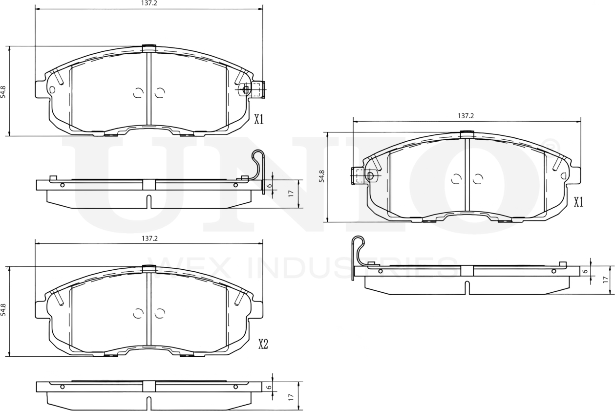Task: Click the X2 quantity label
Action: [263, 345]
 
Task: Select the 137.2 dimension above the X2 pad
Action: [149, 238]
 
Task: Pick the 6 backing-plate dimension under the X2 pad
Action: [268, 387]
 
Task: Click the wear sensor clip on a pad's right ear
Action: [254, 89]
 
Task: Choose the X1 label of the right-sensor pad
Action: [258, 119]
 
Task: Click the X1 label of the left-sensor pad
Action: [578, 202]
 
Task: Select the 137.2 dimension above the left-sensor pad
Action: [466, 116]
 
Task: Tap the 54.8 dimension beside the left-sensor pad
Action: [321, 176]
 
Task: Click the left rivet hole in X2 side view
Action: [62, 387]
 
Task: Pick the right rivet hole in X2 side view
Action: [235, 387]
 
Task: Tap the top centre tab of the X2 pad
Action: [148, 267]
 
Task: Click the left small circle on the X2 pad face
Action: [138, 313]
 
